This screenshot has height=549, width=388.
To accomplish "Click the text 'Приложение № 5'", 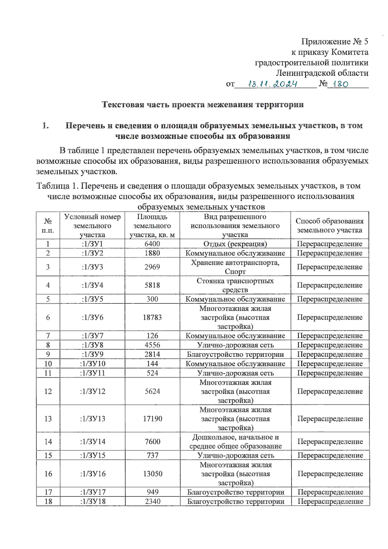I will (x=334, y=41).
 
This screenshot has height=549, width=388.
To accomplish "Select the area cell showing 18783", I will (x=152, y=317).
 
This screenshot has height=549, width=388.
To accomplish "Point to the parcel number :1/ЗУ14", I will (x=92, y=441).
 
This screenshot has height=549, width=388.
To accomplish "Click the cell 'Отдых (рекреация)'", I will (x=235, y=244).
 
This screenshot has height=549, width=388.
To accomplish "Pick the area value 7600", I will (x=152, y=441).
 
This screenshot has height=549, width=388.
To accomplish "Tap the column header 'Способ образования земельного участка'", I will (x=329, y=225).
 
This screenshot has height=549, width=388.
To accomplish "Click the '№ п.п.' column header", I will (x=48, y=225).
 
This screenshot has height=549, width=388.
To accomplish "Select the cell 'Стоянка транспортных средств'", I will (x=235, y=285).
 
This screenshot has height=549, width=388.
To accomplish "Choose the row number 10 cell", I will (x=48, y=363).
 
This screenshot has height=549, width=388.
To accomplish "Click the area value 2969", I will (x=152, y=267).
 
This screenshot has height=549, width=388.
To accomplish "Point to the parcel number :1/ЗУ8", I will (x=92, y=345).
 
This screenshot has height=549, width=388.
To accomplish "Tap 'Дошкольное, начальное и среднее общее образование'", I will (x=235, y=441).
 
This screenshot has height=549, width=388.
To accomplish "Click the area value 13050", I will (x=153, y=474).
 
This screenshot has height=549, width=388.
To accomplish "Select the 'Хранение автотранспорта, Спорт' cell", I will (x=235, y=267).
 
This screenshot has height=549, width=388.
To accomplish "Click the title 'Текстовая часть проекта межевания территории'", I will (x=203, y=104).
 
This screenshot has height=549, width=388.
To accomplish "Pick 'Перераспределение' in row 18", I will (x=330, y=501).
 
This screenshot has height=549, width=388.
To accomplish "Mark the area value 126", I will (x=152, y=336).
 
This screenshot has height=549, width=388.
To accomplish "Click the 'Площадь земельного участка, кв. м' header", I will (x=152, y=225).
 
